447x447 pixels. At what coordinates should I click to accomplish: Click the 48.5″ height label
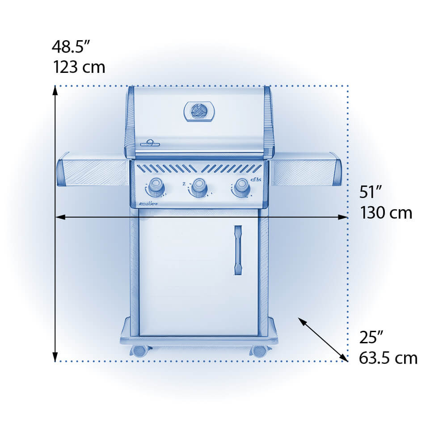click(72, 46)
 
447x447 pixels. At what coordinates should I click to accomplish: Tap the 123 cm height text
click(79, 67)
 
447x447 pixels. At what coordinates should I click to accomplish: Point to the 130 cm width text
click(386, 213)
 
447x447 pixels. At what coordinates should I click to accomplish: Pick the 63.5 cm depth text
click(388, 358)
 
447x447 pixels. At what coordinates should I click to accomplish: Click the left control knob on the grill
click(156, 186)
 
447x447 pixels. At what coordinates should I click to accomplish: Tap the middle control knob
click(199, 187)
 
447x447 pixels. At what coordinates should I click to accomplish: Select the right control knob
click(241, 186)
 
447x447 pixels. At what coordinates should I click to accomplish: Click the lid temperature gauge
click(199, 111)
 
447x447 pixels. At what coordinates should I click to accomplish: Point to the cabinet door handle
click(238, 250)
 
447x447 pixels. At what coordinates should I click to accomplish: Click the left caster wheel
click(140, 351)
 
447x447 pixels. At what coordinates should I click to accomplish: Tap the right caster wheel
click(259, 351)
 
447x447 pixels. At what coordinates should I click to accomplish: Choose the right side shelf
click(306, 170)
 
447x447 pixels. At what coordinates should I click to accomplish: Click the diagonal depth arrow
click(323, 339)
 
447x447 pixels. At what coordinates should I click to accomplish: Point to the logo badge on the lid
click(150, 143)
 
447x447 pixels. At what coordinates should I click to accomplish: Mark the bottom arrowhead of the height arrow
click(55, 357)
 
